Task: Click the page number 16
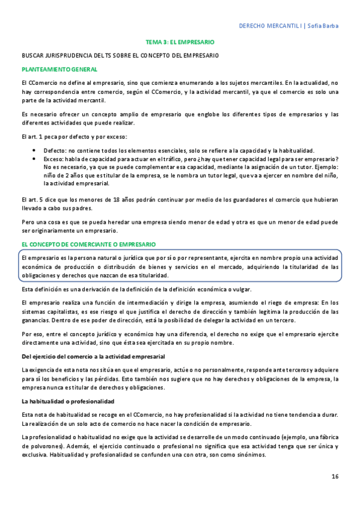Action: pos(335,476)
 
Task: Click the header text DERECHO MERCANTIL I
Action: pos(270,26)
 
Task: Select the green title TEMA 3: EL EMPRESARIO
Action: pos(180,43)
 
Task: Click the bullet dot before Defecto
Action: pos(37,150)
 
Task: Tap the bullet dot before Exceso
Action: pos(37,159)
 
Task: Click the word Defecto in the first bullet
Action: pos(54,150)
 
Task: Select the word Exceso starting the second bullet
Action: pos(53,159)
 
